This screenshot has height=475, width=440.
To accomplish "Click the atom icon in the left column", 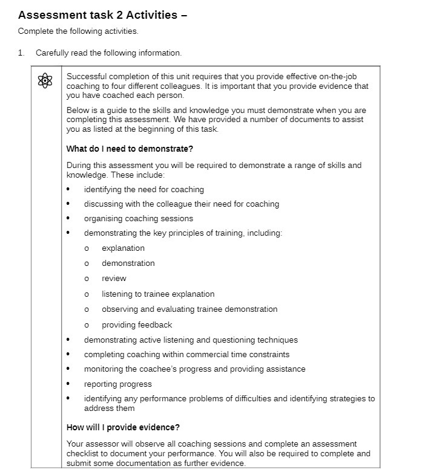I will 45,80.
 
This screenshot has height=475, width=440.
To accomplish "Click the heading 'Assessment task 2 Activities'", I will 103,15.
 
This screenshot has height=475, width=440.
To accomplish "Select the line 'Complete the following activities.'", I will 78,31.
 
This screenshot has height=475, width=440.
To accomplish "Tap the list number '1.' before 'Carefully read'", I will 21,53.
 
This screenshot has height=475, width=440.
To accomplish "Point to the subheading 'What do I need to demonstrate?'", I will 130,149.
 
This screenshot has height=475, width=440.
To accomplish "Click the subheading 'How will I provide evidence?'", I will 123,428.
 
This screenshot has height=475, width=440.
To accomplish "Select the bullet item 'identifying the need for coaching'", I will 144,190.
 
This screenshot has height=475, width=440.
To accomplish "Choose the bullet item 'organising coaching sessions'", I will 139,219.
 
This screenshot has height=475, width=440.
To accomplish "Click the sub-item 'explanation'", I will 123,248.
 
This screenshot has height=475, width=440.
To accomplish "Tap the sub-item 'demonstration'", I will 128,263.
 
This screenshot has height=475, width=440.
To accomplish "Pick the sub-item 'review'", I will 114,279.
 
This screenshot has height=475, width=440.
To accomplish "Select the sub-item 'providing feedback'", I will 137,325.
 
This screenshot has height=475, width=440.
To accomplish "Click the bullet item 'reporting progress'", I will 118,384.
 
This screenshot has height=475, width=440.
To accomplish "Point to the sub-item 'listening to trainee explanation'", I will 158,294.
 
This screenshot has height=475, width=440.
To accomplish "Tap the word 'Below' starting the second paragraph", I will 77,111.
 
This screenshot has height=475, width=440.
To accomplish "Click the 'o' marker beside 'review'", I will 87,279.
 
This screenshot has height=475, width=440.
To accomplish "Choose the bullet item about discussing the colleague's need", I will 182,204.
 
